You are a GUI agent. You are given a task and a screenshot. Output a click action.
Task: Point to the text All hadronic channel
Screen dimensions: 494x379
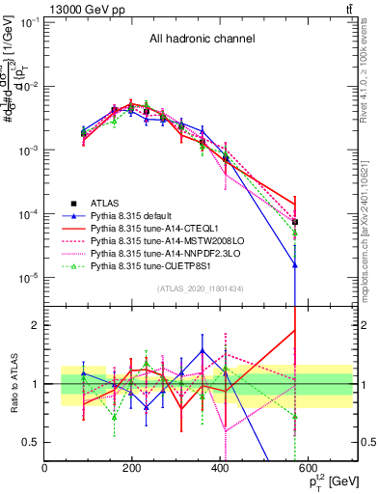(202, 40)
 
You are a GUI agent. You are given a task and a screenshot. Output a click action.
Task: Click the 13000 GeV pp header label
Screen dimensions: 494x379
(79, 9)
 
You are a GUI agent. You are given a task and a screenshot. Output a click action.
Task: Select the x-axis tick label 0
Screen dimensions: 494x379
(45, 469)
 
